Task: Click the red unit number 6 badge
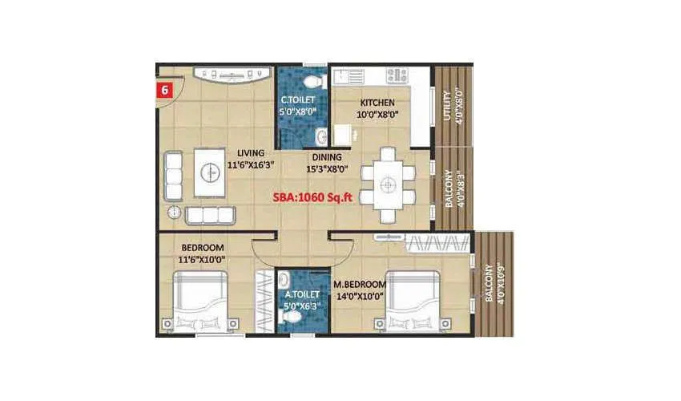click(164, 89)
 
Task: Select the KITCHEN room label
click(377, 103)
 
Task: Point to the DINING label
click(327, 157)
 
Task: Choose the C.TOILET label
click(297, 100)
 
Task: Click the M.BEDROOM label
click(357, 285)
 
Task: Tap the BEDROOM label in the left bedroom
click(203, 247)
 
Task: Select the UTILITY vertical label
click(446, 104)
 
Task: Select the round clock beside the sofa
click(174, 212)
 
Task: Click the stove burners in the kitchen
click(398, 76)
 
